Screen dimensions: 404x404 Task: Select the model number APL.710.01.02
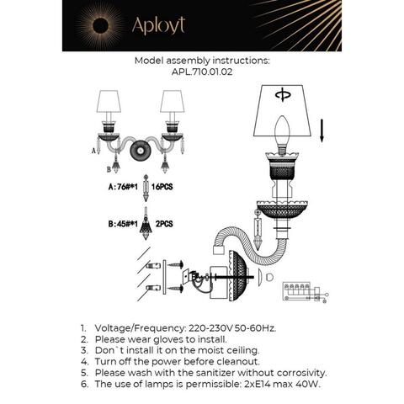click(x=202, y=72)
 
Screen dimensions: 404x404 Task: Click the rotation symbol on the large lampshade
click(x=282, y=93)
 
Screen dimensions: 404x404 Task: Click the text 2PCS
click(x=165, y=225)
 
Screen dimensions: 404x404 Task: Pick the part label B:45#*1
click(x=123, y=225)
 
